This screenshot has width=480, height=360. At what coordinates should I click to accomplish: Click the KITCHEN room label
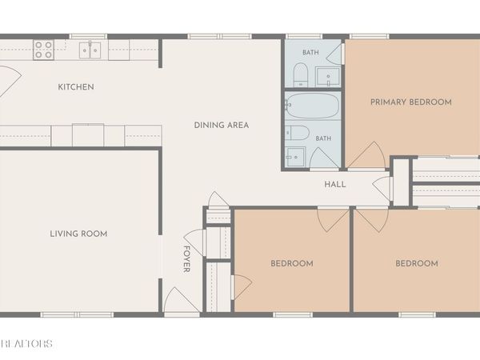(x=76, y=87)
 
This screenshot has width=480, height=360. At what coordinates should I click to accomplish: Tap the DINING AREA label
(x=222, y=125)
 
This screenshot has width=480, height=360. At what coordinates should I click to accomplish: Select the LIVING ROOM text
(x=78, y=234)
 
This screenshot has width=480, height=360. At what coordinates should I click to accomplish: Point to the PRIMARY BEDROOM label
(x=411, y=102)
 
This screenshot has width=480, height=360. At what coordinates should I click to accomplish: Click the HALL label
(x=335, y=184)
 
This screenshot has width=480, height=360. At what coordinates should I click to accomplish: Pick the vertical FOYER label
(x=186, y=259)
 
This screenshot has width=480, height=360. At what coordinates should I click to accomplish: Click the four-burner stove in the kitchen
(x=43, y=50)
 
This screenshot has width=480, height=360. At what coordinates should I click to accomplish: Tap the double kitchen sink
(x=90, y=50)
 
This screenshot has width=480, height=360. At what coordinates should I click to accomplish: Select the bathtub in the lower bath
(x=313, y=106)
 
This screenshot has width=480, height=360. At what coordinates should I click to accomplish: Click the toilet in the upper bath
(x=300, y=74)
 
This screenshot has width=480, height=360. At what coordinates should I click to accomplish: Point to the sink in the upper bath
(x=328, y=77)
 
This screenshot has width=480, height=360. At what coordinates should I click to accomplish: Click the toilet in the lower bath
(x=298, y=133)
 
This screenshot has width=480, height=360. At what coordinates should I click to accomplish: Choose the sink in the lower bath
(x=295, y=157)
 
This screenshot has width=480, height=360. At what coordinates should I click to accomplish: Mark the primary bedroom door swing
(x=366, y=155)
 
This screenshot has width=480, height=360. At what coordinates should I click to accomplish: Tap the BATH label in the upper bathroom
(x=310, y=52)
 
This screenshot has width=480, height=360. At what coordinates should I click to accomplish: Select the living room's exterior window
(x=77, y=314)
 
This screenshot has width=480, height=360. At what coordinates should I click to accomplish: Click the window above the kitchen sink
(x=89, y=37)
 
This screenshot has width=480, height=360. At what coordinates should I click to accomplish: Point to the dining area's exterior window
(x=219, y=37)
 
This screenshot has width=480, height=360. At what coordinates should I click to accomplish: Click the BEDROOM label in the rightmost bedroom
(x=417, y=263)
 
